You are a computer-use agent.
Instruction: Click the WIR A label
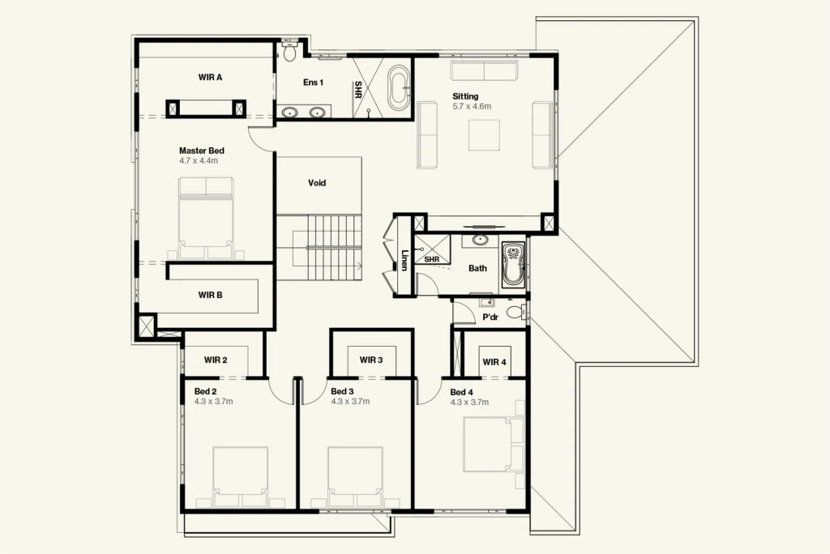coord(210,77)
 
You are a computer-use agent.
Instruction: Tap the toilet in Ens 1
coord(289,51)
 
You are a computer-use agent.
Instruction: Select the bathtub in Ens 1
coord(399,87)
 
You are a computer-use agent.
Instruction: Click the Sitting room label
coord(465,96)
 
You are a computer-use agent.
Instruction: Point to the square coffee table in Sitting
coord(484,135)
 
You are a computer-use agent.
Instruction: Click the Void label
coord(317,183)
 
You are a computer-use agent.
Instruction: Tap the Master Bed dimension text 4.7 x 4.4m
coord(199,160)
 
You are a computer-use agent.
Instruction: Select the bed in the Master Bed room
coord(206,218)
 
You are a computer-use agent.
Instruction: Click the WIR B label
coord(210,295)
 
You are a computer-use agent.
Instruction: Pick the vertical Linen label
coord(404,260)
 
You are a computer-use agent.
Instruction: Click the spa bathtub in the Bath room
coord(513,264)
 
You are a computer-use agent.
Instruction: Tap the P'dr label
coord(490,317)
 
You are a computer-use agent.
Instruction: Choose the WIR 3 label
coord(371,360)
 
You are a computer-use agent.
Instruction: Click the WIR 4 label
coord(494,362)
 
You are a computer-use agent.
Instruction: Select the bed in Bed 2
coord(240,477)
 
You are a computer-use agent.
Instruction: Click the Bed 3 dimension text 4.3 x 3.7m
coord(350,401)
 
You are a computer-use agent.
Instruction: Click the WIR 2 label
coord(216,360)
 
